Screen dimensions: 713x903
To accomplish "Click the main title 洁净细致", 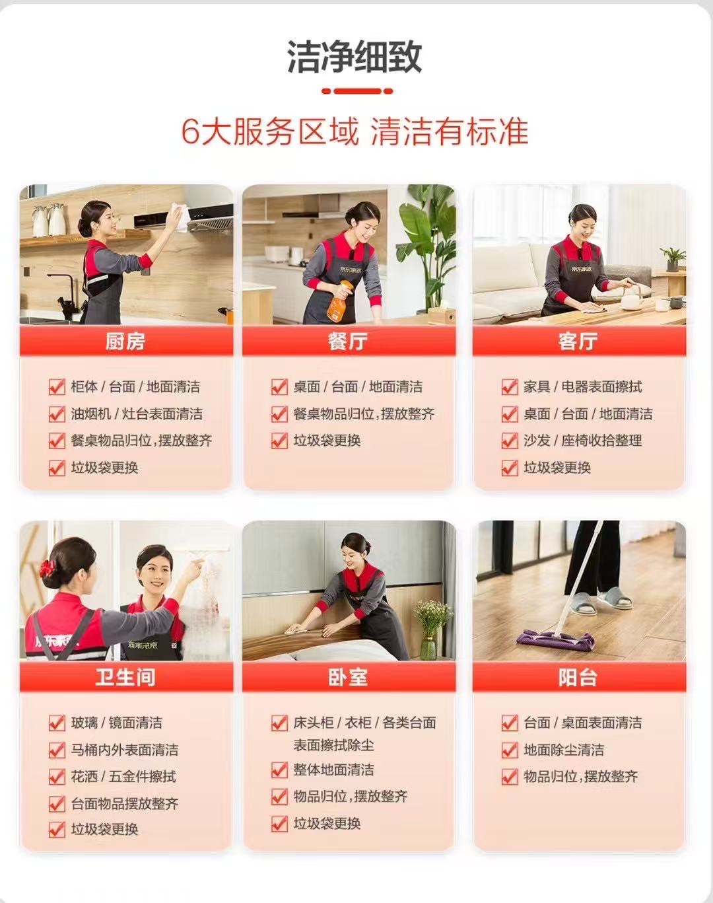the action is coord(355,57).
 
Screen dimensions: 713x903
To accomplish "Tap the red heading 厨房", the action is coord(125,341).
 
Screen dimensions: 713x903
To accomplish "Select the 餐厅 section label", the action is coord(348,341).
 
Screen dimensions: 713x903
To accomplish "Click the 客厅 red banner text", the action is coord(578,341).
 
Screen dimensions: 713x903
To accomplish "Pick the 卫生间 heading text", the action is coord(125,677).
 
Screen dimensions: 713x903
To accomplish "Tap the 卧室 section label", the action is coord(348,677).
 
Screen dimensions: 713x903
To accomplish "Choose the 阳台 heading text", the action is coord(578,677).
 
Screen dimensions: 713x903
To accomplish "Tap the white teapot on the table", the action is coord(632,297).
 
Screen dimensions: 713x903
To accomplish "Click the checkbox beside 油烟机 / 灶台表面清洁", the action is coord(57,414).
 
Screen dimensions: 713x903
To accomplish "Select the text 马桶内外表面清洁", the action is coord(125,750).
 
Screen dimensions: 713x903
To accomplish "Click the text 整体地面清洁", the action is coord(333,770).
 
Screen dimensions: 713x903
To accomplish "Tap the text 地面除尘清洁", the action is coord(564,750).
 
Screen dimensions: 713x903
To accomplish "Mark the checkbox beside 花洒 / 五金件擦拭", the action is coord(57,777).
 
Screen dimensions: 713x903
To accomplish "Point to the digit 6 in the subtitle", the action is coord(189,132).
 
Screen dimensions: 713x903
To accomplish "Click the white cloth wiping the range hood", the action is coord(180,217).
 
